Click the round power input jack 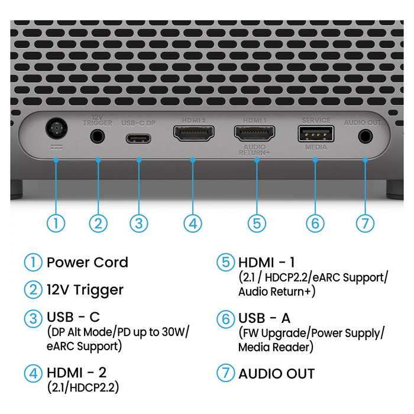(56, 128)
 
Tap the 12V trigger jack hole (98, 137)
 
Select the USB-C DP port (138, 138)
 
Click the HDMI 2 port (194, 133)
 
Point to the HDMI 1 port (254, 133)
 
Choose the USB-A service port (316, 134)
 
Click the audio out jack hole (366, 137)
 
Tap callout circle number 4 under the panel (193, 224)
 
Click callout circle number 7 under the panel (365, 224)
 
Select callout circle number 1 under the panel (56, 224)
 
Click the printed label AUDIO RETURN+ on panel (254, 150)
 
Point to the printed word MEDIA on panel (316, 147)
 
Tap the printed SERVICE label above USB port (316, 121)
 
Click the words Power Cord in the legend (88, 263)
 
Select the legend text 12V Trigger (85, 290)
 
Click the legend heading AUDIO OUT (276, 374)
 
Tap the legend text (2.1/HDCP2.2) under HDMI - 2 (83, 387)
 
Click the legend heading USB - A (264, 318)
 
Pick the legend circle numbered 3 (33, 318)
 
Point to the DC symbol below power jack (57, 147)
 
